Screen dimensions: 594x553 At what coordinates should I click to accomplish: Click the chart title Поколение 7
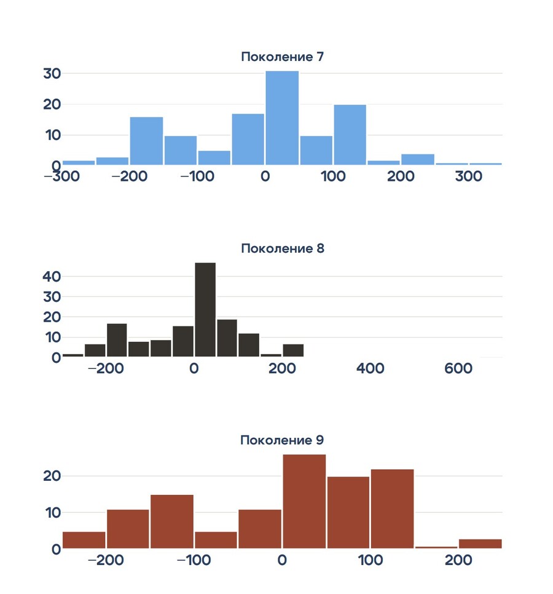click(282, 57)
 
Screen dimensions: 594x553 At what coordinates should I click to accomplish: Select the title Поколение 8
click(282, 248)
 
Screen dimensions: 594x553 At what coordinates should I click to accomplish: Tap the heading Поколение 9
click(282, 440)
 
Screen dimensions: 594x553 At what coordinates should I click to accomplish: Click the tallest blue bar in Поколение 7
click(282, 118)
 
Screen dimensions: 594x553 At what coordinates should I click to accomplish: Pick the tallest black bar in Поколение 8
click(205, 309)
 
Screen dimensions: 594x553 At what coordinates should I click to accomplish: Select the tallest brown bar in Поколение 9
click(304, 501)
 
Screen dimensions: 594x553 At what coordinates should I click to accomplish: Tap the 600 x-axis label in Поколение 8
click(458, 369)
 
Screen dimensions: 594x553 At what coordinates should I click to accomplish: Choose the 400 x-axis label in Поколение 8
click(371, 369)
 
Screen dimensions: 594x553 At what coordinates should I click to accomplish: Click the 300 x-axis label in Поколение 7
click(469, 177)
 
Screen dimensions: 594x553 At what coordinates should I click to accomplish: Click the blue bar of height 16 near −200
click(146, 141)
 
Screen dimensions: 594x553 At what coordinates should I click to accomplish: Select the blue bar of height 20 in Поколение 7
click(350, 135)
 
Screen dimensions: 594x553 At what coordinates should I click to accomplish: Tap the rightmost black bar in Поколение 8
click(293, 350)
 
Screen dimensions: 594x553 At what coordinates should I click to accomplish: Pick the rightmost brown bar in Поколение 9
click(480, 544)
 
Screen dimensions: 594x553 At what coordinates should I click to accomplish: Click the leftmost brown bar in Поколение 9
click(84, 539)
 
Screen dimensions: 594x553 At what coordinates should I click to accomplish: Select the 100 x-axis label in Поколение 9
click(370, 561)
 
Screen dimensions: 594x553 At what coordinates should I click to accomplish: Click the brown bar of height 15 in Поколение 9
click(172, 521)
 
